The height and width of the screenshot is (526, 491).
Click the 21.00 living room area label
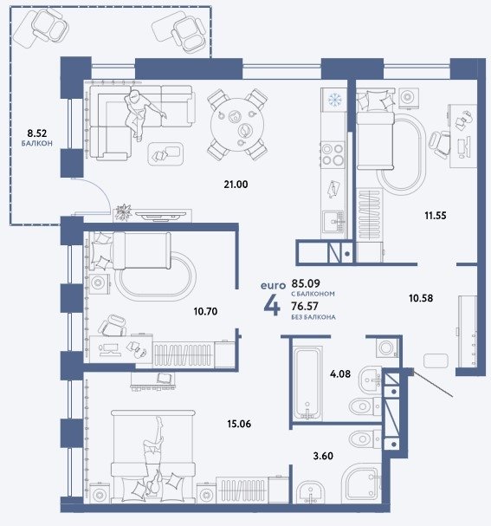coord(236,185)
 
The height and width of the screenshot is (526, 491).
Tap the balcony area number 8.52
coord(37,133)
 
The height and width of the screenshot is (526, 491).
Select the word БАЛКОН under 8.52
coord(37,144)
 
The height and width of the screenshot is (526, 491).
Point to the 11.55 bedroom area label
coord(436,216)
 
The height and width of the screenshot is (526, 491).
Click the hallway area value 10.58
coord(421,298)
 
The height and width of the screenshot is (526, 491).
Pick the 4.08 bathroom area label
coord(340,373)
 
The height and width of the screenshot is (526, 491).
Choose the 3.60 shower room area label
coord(323,456)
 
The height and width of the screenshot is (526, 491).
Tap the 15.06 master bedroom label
coord(239,424)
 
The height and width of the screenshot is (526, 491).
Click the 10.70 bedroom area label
coord(205,311)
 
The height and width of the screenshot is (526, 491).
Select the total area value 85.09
coord(306,283)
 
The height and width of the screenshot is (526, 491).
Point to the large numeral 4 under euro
coord(272,306)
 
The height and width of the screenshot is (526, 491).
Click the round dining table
coord(237,125)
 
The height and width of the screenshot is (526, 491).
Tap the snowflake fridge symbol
coord(333,100)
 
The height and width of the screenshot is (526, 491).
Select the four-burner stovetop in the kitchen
coord(333,154)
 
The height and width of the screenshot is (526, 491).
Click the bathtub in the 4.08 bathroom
coord(308,383)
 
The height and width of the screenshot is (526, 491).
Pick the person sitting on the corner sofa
coord(141,114)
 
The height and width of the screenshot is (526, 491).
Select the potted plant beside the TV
coord(123,212)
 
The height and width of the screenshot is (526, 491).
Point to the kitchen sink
coord(333,221)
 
